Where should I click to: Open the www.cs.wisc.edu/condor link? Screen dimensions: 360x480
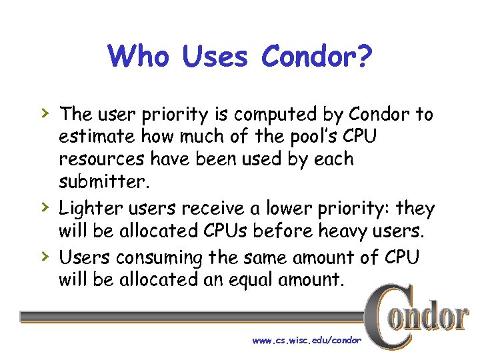[307, 341]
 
